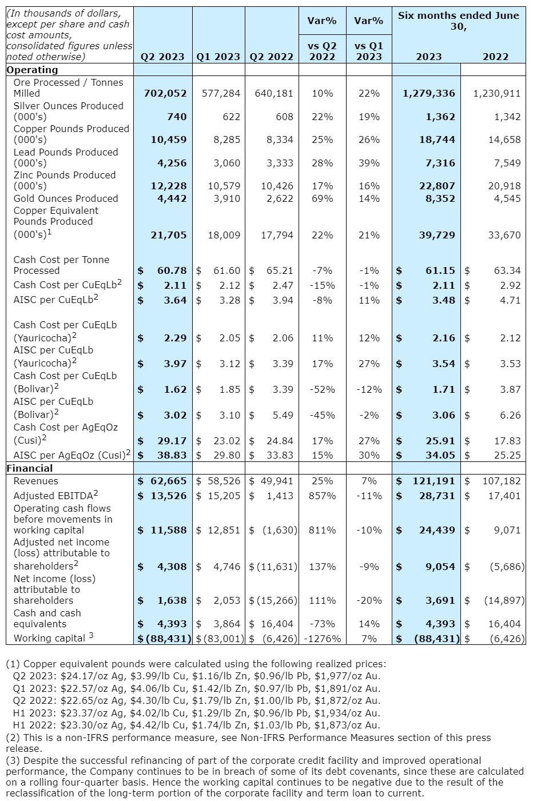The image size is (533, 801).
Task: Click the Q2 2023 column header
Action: coord(162,57)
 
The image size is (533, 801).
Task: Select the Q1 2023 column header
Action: coord(218,57)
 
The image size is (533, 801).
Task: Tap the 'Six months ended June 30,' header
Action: coord(459,21)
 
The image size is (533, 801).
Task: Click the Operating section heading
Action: coord(32,70)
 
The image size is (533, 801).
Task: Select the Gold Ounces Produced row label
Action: coord(66,198)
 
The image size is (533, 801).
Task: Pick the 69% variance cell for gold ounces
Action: coord(323,198)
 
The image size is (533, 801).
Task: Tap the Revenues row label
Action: coord(35,481)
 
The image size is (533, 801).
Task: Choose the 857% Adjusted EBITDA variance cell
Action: coord(322,496)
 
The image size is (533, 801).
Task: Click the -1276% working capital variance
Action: coord(322,638)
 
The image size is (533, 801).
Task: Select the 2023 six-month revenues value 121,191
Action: coord(434,481)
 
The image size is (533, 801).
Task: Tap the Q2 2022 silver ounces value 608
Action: coord(284,117)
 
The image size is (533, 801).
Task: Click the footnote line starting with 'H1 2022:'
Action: coord(196,725)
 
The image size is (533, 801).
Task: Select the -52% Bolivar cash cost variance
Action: coord(323,389)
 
